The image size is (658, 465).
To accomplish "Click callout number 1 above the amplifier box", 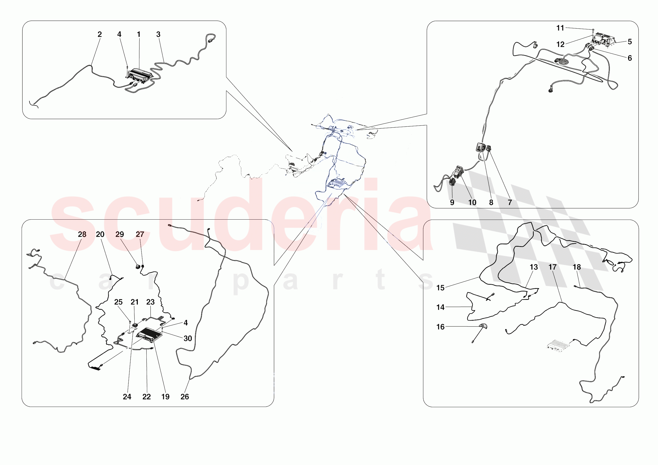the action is click(x=139, y=34).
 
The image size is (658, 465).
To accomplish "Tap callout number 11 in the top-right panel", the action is click(x=560, y=28).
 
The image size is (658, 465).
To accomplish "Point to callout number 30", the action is click(x=188, y=338).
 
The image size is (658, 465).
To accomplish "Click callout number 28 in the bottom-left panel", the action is click(x=82, y=234).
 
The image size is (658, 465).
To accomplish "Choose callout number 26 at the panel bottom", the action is click(x=185, y=396).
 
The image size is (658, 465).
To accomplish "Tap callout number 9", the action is click(x=452, y=202).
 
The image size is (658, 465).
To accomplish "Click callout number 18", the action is click(x=577, y=267).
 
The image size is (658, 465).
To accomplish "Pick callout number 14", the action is click(x=440, y=307).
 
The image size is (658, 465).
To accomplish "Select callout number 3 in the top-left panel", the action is click(x=158, y=34).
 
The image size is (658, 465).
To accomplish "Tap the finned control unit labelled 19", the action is click(x=149, y=335).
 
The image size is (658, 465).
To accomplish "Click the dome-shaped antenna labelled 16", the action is click(x=483, y=326).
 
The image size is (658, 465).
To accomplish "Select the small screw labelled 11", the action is click(x=593, y=30).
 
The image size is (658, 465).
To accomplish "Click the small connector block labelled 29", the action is click(x=138, y=266).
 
